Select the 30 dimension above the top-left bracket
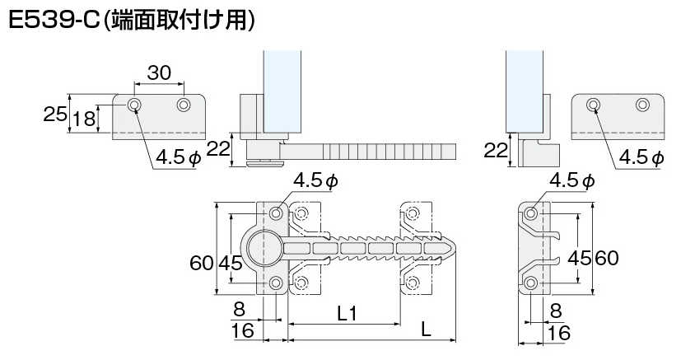point(159,74)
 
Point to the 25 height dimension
point(55,115)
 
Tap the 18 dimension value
point(83,120)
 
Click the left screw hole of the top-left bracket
point(134,105)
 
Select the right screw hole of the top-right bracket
point(642,105)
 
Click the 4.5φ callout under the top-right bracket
point(641,157)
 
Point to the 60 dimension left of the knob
point(201,264)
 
